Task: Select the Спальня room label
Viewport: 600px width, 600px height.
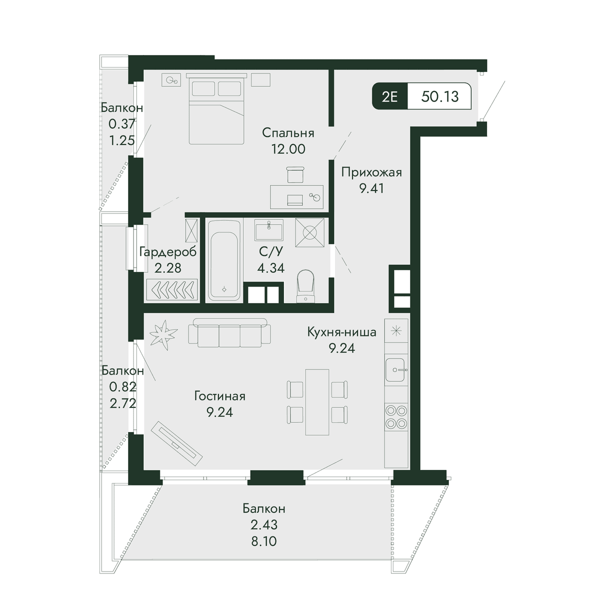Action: point(288,133)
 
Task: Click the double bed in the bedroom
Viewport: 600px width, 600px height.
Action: point(216,108)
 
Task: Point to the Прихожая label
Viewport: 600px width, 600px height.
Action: point(371,172)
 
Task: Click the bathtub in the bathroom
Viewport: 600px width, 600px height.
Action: point(224,260)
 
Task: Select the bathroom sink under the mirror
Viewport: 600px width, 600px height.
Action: point(268,230)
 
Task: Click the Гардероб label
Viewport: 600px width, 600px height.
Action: point(168,252)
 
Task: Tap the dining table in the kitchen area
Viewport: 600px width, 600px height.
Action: point(317,402)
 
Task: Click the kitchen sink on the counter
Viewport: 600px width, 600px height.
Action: point(396,369)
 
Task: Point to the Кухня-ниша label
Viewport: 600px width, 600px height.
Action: point(341,332)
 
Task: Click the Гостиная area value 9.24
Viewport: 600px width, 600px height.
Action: point(219,412)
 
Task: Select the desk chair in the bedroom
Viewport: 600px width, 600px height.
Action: point(295,174)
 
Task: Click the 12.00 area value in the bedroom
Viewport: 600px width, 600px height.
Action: point(288,149)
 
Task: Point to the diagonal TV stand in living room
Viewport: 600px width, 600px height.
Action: point(176,443)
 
